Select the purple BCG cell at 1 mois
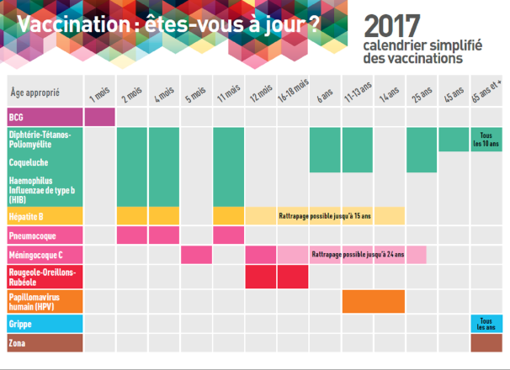[99, 117]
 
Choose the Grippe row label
[20, 323]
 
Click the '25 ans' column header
[422, 93]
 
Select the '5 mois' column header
[196, 93]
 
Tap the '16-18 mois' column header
[293, 93]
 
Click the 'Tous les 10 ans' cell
[486, 140]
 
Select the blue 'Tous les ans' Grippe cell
[486, 323]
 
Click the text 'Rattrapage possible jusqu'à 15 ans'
[325, 216]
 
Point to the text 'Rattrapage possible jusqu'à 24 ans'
[358, 254]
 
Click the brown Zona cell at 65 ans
[486, 343]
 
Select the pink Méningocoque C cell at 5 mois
[196, 254]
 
